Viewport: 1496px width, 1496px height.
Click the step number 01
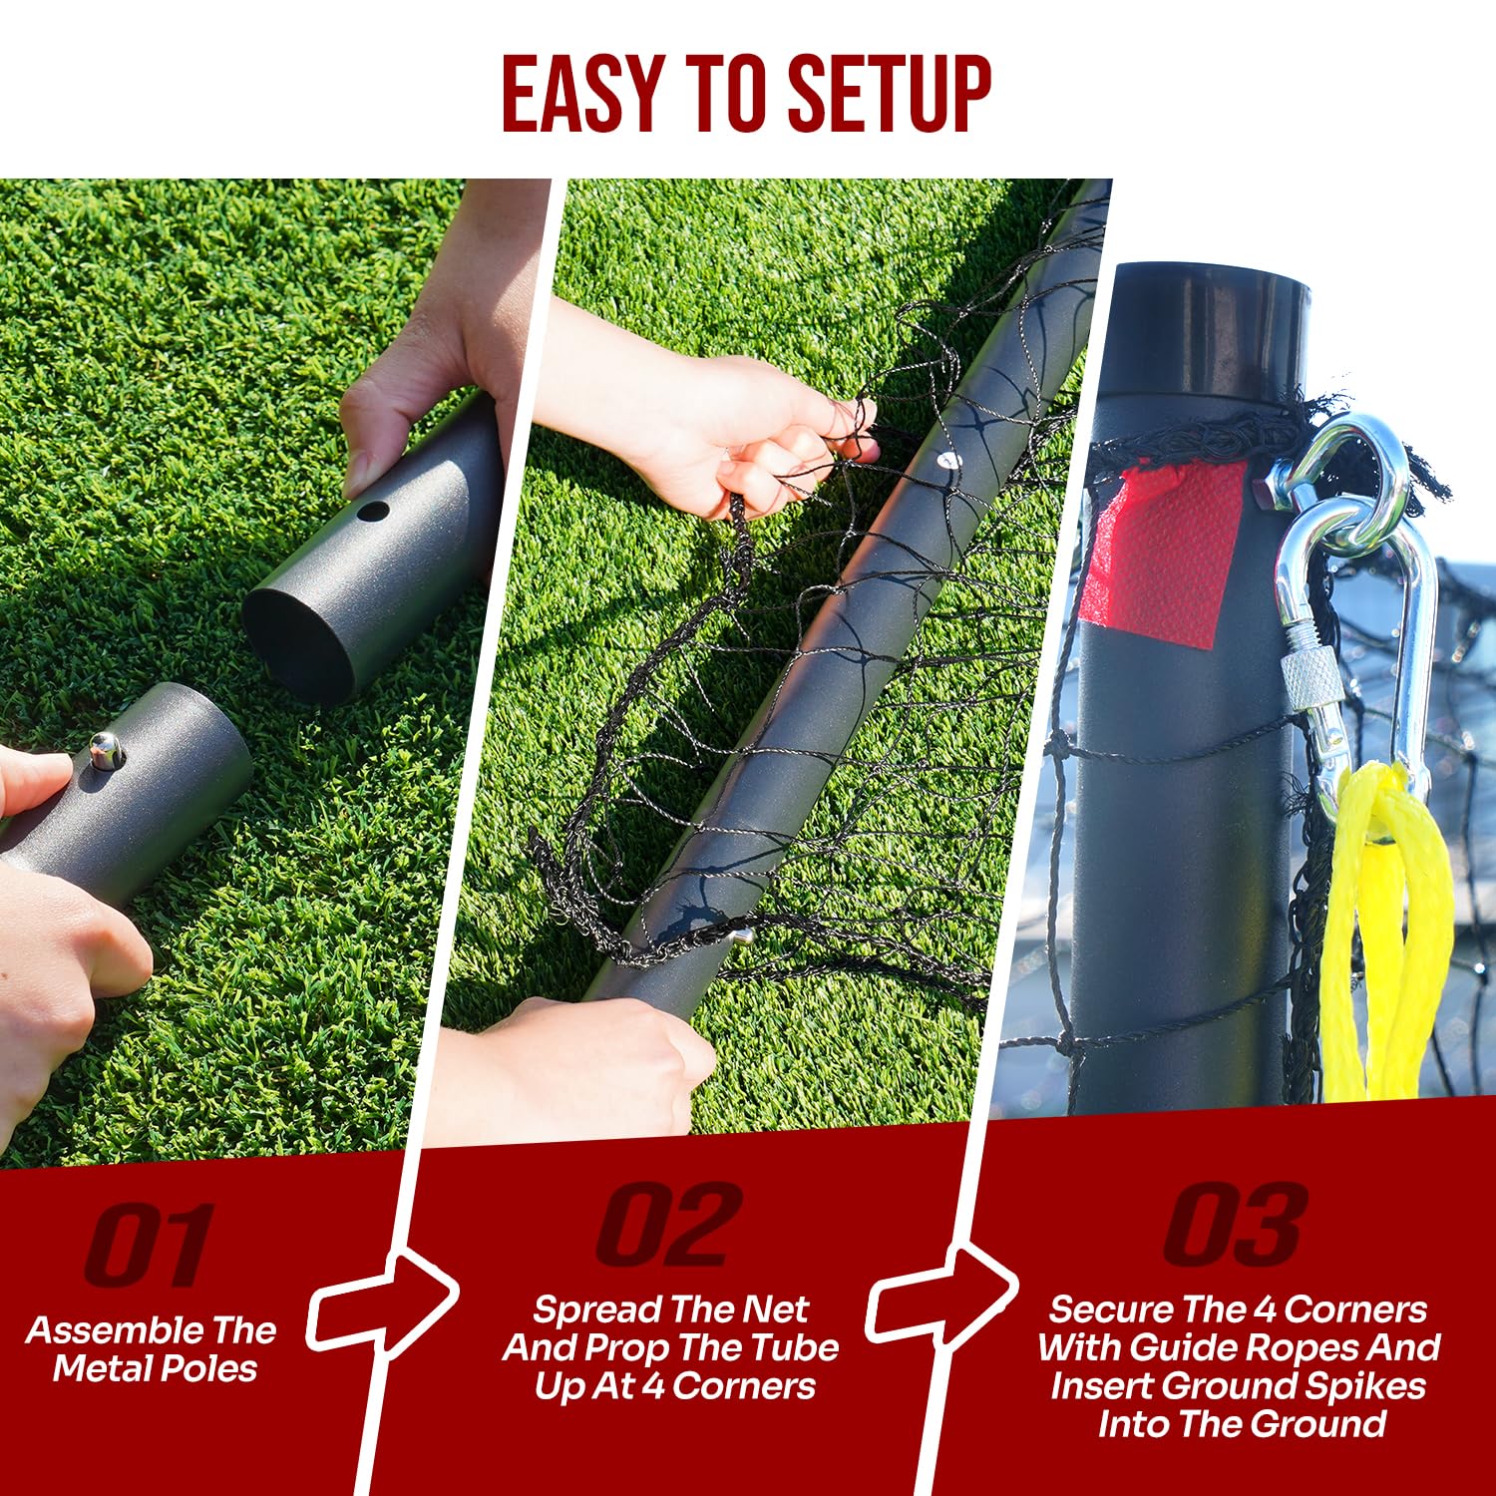(150, 1244)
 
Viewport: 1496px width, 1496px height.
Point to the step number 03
(1237, 1224)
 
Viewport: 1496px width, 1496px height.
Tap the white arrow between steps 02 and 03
(941, 1293)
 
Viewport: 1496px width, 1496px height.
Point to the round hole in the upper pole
(373, 512)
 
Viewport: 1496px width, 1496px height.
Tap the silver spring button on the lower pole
(105, 749)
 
